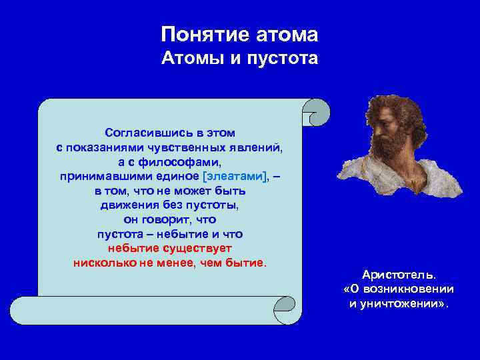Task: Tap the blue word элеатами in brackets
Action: [235, 176]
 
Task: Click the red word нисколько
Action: [102, 262]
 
